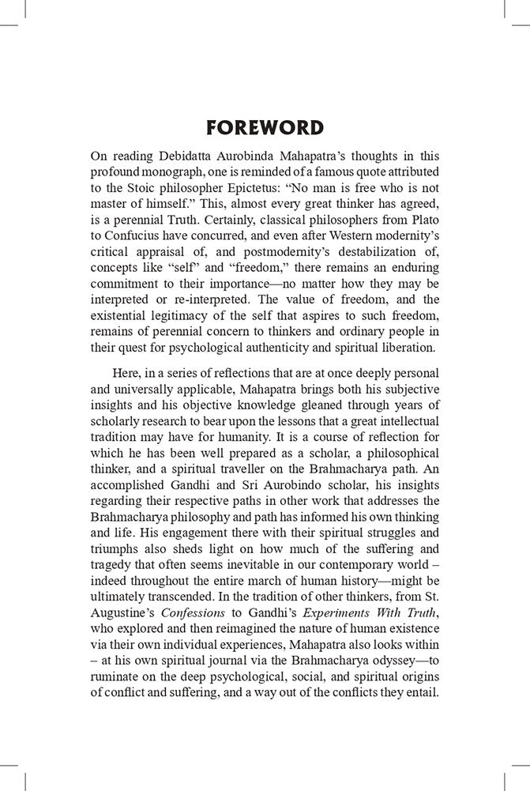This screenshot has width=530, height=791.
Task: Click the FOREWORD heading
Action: click(265, 128)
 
